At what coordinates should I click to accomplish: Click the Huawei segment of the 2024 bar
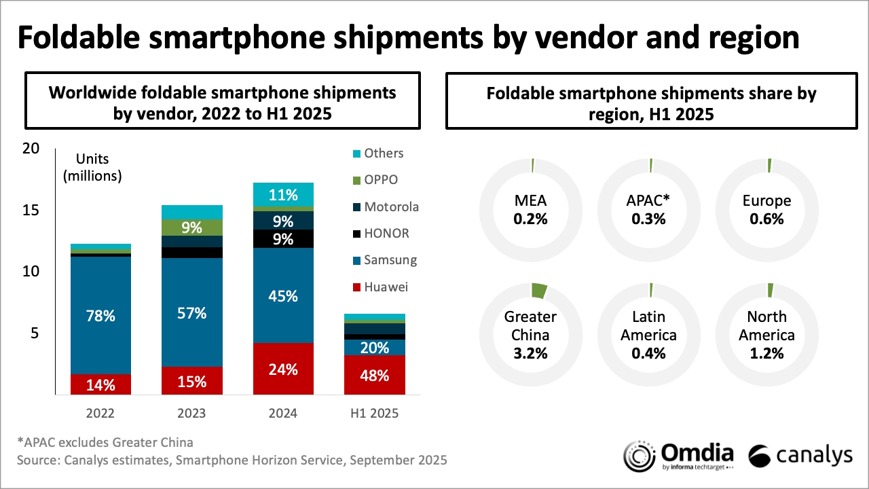click(x=283, y=369)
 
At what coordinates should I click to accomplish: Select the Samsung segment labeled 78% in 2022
click(x=100, y=316)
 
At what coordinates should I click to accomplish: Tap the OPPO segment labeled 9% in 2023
click(x=192, y=228)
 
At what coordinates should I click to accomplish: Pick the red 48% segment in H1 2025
click(x=375, y=375)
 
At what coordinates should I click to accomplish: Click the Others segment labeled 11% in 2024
click(x=283, y=195)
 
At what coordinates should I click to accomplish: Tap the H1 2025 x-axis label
click(x=375, y=413)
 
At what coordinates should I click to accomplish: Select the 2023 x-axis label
click(x=192, y=413)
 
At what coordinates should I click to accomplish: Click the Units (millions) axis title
click(x=92, y=168)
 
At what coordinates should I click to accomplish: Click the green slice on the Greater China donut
click(x=540, y=291)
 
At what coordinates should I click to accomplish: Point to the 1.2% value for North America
click(x=766, y=353)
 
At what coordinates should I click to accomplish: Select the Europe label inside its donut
click(x=766, y=201)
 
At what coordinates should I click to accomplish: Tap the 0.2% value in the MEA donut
click(x=530, y=219)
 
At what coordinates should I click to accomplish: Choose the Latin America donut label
click(x=650, y=326)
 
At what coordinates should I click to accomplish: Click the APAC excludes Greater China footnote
click(x=105, y=442)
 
